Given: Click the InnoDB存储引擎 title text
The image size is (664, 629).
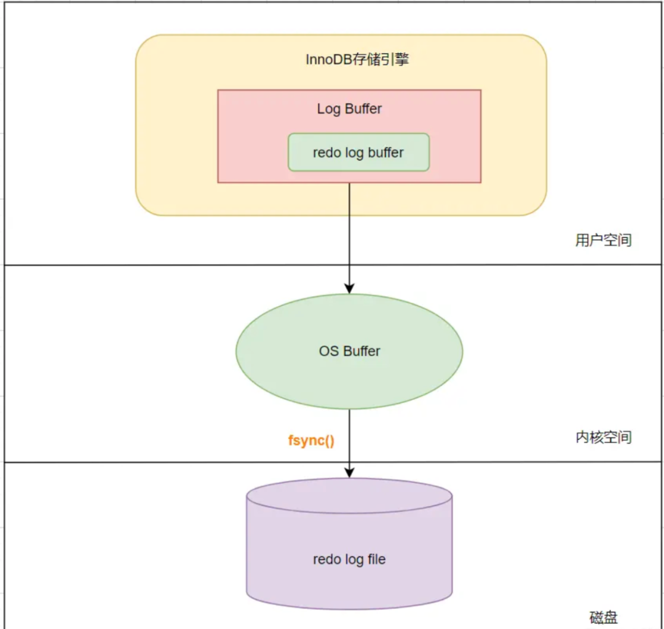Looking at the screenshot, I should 357,60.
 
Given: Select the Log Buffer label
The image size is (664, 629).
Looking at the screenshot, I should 349,109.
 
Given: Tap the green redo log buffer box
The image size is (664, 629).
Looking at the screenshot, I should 358,152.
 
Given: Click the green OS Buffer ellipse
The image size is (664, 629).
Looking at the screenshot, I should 349,352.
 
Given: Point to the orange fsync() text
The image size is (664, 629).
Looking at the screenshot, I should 311,441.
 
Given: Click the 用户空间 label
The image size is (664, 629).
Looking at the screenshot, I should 603,240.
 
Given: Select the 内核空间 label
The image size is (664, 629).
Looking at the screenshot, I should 603,437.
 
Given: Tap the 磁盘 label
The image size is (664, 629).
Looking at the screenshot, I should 603,617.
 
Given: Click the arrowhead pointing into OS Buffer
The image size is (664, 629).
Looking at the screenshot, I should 349,288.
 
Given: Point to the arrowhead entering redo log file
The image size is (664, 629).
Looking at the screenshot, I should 349,473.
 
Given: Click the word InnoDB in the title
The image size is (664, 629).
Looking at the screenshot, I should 329,60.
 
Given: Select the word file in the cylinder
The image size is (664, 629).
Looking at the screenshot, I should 375,560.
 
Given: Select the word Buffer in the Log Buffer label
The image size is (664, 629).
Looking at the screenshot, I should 363,109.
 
